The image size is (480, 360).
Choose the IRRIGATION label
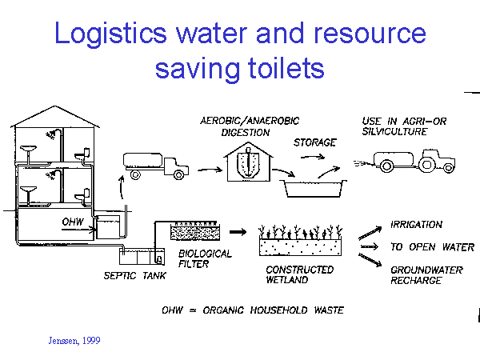416,225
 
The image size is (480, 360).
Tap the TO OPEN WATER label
431,247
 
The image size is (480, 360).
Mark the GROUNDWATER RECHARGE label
426,276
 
